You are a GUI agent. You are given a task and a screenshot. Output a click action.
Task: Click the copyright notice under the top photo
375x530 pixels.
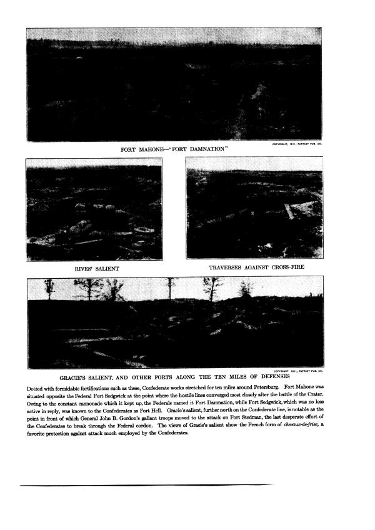[x=296, y=144]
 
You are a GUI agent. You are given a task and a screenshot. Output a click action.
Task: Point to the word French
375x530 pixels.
[x=261, y=428]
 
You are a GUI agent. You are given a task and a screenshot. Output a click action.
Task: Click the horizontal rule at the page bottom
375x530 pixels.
[x=147, y=485]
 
